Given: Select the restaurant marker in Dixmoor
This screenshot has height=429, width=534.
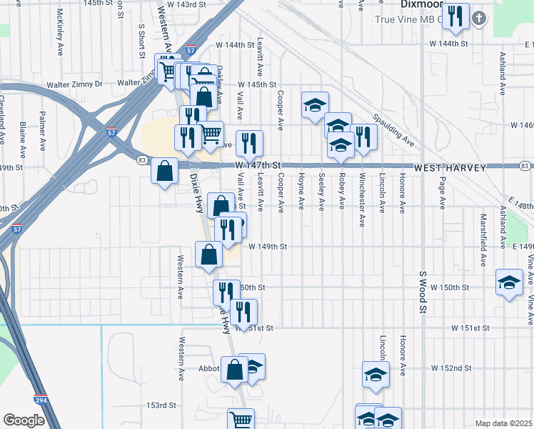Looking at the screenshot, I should (455, 16).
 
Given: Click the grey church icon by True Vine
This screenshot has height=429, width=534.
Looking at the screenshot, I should (478, 18).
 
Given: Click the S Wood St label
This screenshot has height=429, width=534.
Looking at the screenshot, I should (423, 293).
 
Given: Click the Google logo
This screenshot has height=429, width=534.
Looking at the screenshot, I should (24, 420).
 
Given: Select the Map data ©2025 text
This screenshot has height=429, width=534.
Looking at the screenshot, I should (503, 423).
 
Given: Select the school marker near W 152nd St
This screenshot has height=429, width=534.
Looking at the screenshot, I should (376, 374).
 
